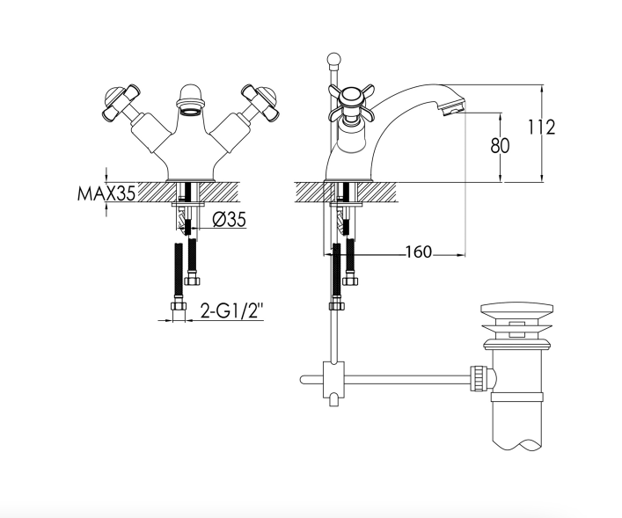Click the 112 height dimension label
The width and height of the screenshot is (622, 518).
(541, 128)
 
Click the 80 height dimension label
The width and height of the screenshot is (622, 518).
(500, 146)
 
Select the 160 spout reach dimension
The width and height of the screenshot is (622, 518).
(418, 252)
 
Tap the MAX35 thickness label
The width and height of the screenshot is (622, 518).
(106, 193)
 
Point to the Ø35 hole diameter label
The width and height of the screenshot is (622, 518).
(230, 219)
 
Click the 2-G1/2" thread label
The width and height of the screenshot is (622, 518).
(231, 310)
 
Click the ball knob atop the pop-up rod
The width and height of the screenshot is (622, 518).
(333, 60)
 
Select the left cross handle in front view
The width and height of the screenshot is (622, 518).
(120, 102)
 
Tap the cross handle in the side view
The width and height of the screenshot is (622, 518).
(351, 102)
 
